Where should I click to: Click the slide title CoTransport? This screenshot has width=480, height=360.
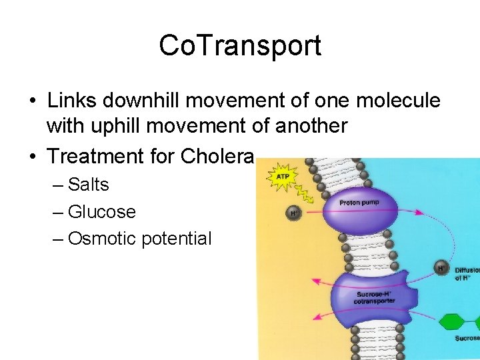(x=240, y=45)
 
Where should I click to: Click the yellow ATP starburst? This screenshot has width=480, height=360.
(x=281, y=177)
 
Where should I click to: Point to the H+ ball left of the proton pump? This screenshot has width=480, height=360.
(x=294, y=213)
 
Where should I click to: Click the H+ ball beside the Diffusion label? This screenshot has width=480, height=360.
(x=441, y=268)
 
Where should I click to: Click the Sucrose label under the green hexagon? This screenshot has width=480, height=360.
(x=467, y=339)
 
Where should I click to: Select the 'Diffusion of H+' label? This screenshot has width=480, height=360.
(x=467, y=274)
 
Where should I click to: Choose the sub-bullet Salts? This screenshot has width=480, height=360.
(x=88, y=185)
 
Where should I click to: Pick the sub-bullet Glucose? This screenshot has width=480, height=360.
(x=101, y=212)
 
